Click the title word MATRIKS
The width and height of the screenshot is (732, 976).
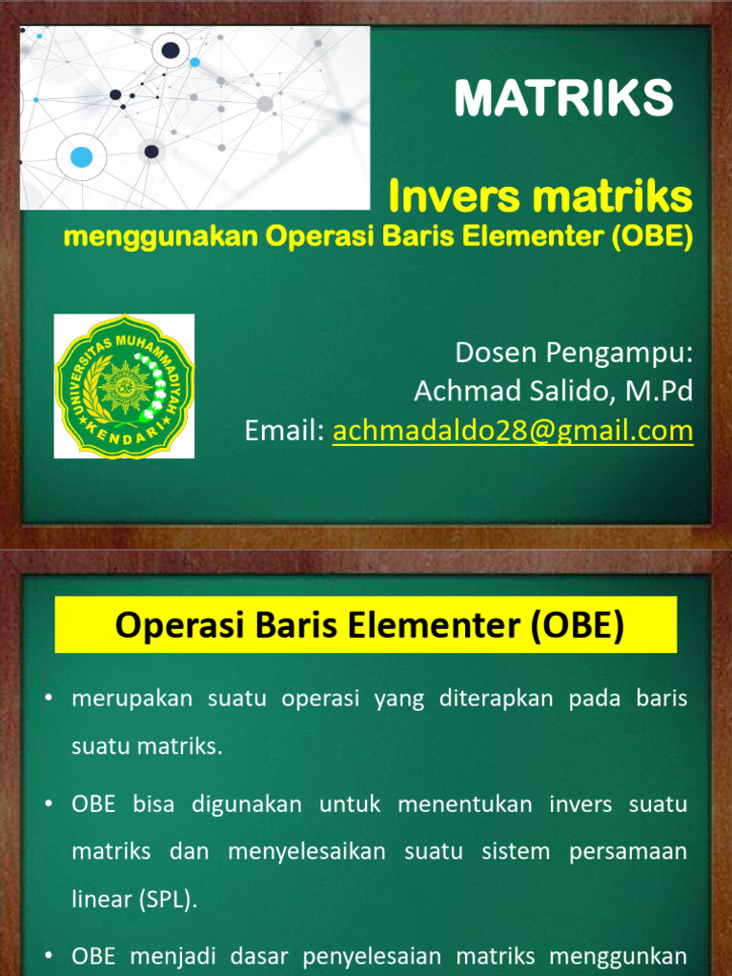pyautogui.click(x=563, y=97)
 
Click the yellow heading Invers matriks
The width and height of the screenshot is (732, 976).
pyautogui.click(x=540, y=196)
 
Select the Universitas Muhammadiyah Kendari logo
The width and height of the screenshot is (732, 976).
pyautogui.click(x=124, y=386)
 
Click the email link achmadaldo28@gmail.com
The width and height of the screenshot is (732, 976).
pyautogui.click(x=512, y=431)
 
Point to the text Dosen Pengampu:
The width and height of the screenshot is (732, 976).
pyautogui.click(x=573, y=352)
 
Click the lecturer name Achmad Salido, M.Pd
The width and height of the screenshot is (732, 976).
pyautogui.click(x=553, y=391)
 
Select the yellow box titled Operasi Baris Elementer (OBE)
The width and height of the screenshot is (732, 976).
pyautogui.click(x=366, y=625)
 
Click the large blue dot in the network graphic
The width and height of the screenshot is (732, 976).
pyautogui.click(x=82, y=157)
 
